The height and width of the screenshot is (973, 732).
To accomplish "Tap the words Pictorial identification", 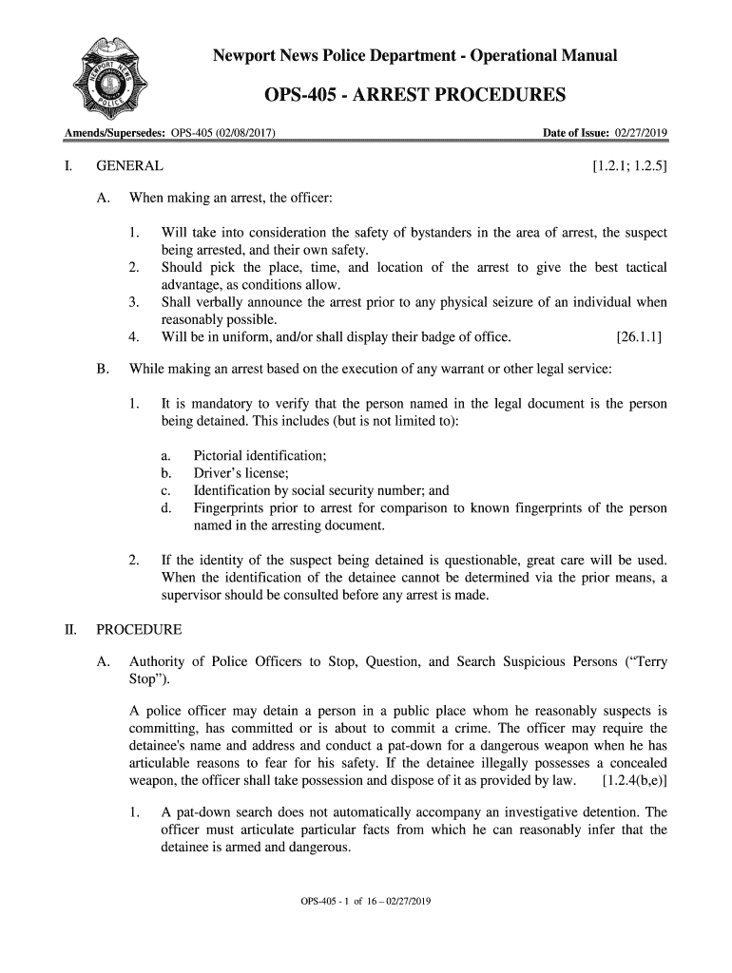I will coord(260,456).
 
